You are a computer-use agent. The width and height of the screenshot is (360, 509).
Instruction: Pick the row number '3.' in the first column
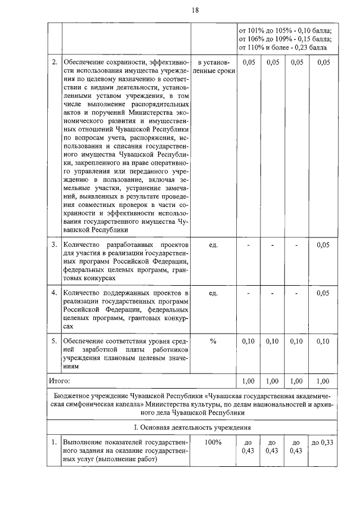55,245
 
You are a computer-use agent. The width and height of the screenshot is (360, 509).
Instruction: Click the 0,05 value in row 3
323,245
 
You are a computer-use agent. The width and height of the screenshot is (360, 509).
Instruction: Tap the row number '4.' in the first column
55,293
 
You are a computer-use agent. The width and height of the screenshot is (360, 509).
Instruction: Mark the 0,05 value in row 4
323,293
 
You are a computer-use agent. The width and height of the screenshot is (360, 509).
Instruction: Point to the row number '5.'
55,341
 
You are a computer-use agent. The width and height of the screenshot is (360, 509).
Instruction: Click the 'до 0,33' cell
323,443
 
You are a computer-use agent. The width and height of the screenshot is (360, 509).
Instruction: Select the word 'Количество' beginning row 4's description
83,293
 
